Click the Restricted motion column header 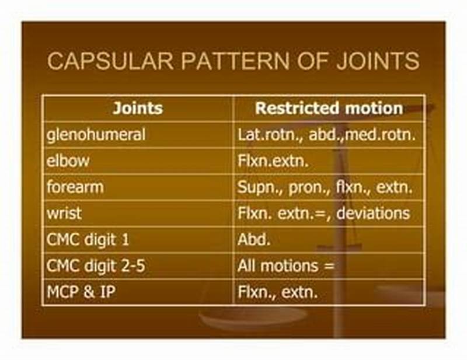tap(329, 109)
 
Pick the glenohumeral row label tap(96, 135)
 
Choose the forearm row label tap(75, 187)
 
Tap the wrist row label tap(64, 214)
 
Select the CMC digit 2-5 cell tap(96, 266)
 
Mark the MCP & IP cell tap(81, 292)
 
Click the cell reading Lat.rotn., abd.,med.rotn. tap(326, 135)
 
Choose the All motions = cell tap(285, 266)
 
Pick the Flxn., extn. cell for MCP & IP tap(277, 292)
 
